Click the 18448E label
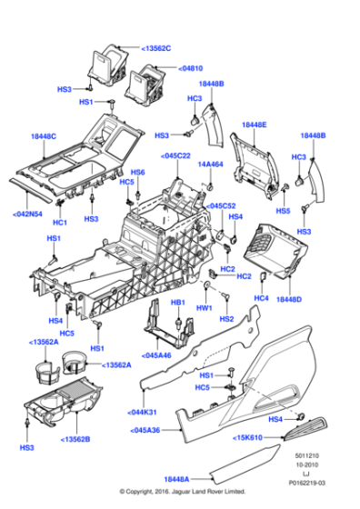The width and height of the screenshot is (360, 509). [x=255, y=124]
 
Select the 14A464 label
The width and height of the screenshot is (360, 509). [x=211, y=165]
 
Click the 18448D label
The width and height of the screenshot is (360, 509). [x=289, y=298]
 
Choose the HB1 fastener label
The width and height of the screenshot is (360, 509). [x=178, y=302]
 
